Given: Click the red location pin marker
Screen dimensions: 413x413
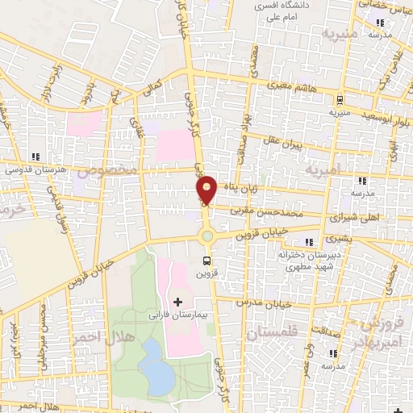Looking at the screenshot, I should [207, 190].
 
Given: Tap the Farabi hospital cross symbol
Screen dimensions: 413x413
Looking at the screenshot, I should [177, 302].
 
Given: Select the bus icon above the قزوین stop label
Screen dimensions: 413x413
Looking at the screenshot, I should [208, 261].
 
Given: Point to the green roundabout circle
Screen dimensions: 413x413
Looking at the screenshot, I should [207, 236].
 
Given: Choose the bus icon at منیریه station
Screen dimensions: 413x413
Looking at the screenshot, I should [340, 101].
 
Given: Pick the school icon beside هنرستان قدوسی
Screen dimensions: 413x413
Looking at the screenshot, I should [35, 156].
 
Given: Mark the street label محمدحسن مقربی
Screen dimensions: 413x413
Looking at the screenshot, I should [273, 209].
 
